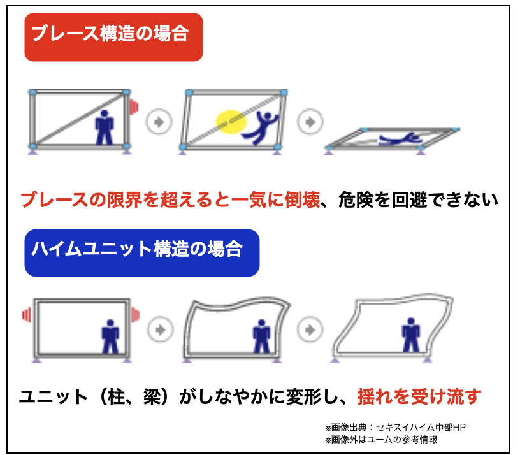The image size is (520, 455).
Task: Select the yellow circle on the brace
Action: coord(231,122)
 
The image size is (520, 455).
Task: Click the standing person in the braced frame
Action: coord(105,127)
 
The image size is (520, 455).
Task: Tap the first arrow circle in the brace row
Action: coord(159,122)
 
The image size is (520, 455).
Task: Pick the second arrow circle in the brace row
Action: coord(310,122)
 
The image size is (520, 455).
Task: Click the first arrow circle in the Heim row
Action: coord(161,329)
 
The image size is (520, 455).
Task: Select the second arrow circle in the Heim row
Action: coord(310,329)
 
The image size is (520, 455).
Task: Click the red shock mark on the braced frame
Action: coord(134,107)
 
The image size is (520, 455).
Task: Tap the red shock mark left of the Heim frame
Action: coord(27,314)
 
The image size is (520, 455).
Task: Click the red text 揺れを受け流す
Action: coord(419,396)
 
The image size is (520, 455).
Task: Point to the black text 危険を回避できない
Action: coord(418,200)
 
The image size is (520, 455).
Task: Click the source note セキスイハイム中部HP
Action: coord(421,428)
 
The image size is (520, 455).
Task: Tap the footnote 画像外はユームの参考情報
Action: coord(384,440)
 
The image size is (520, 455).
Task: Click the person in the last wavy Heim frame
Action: coord(411,335)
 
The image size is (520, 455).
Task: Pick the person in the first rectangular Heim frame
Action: coord(110,336)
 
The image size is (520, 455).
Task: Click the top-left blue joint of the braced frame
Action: coord(32,92)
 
